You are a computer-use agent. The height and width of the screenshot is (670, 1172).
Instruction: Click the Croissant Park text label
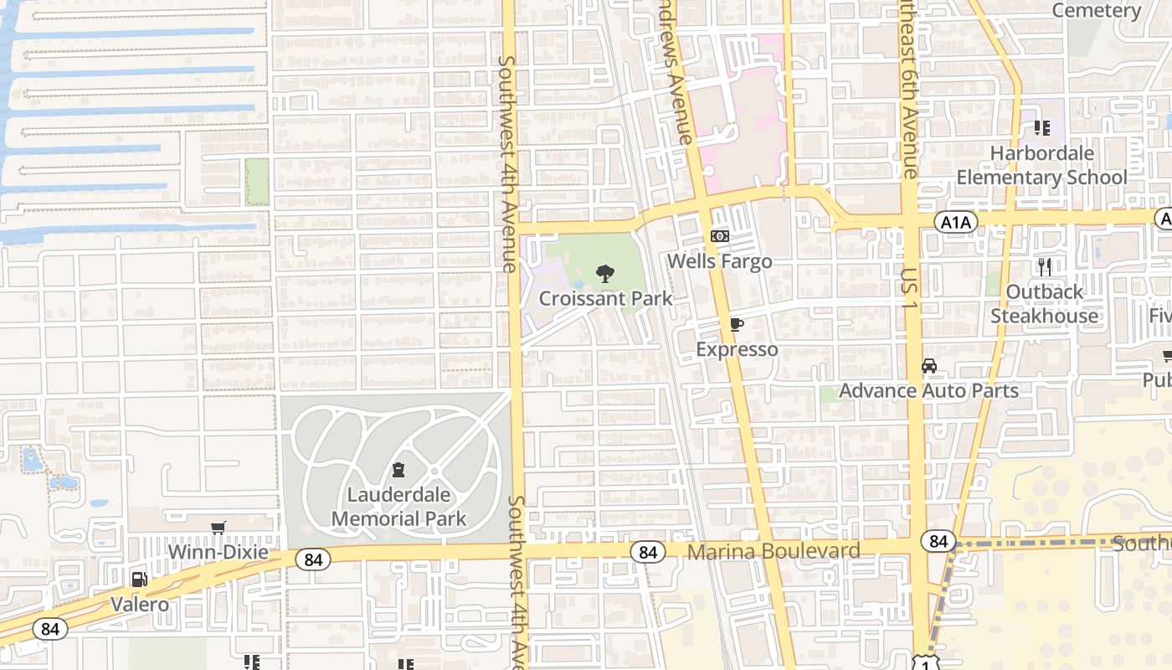[x=605, y=298]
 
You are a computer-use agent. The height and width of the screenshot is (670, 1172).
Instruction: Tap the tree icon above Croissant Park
[x=604, y=274]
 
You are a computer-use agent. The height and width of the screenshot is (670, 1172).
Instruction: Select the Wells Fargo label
[x=719, y=261]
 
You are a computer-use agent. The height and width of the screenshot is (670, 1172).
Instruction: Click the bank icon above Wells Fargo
[x=719, y=236]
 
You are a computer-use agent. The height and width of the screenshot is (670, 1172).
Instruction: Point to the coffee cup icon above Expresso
[x=737, y=325]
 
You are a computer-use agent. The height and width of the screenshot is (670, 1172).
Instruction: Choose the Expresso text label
[x=737, y=349]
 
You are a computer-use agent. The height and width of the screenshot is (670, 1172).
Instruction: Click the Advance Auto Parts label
[x=928, y=390]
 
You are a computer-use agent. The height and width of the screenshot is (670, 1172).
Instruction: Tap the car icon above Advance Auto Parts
[x=928, y=366]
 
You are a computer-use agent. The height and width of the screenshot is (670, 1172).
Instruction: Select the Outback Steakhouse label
[x=1044, y=304]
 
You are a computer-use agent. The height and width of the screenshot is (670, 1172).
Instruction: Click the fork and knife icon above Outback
[x=1044, y=267]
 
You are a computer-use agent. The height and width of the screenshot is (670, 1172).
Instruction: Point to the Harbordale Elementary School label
[x=1041, y=165]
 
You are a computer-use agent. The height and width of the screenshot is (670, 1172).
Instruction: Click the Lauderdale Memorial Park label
[x=398, y=507]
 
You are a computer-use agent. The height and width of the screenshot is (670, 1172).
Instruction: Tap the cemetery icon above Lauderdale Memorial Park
[x=398, y=470]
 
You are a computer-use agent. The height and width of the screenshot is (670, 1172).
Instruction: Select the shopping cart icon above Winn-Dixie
[x=218, y=528]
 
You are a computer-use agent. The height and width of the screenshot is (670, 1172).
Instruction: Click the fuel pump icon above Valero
[x=140, y=580]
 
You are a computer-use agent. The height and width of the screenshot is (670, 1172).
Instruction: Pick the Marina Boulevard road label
[x=773, y=551]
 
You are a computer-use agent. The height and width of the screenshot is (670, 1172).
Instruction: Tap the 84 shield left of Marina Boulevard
[x=647, y=552]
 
